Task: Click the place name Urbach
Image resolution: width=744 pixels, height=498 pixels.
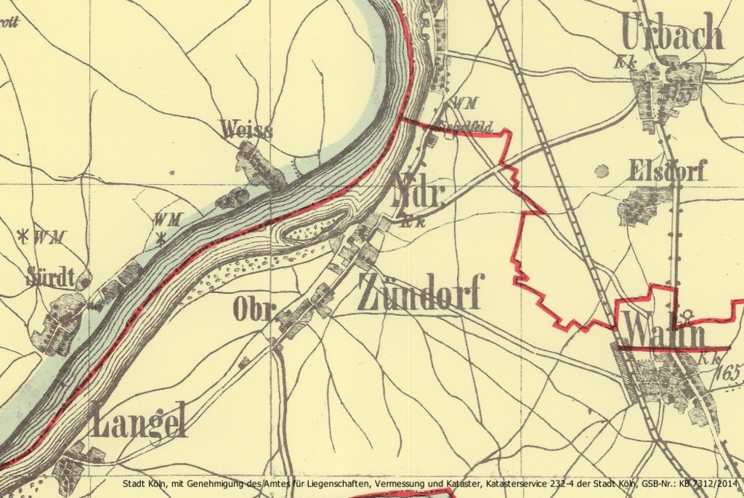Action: [x=673, y=33]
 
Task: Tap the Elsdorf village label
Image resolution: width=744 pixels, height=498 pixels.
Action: [x=668, y=171]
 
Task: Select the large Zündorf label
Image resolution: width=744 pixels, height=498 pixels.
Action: [x=419, y=292]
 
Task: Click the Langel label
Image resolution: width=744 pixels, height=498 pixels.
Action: [x=139, y=420]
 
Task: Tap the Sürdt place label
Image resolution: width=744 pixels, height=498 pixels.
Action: [x=51, y=276]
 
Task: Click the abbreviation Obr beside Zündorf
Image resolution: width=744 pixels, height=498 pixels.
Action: [x=253, y=310]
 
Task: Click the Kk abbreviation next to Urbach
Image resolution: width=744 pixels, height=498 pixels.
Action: [x=624, y=63]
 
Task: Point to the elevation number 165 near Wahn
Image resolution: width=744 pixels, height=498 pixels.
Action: [x=729, y=373]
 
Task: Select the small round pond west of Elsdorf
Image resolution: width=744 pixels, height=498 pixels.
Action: [x=602, y=172]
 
